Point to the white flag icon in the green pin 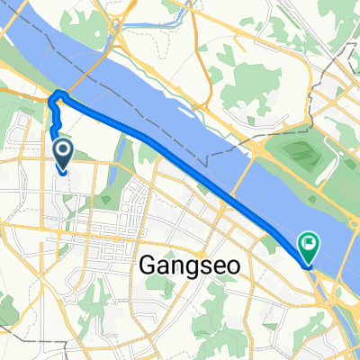309,241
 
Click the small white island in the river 191,113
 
